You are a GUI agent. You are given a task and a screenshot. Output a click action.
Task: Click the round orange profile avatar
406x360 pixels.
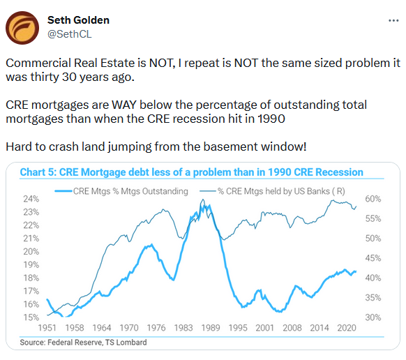22,28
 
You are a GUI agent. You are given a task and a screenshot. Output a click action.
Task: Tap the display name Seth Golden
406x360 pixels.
78,20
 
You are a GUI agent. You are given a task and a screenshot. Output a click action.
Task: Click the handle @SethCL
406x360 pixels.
70,34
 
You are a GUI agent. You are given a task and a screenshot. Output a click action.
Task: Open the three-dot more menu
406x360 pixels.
393,20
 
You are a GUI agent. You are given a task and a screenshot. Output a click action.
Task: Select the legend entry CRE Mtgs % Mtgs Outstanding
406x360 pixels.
121,191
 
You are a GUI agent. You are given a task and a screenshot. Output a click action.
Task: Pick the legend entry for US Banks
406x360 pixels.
272,191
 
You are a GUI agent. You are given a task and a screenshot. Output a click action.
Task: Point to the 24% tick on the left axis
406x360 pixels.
31,199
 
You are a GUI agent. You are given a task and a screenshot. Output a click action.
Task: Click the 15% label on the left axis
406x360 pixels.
31,317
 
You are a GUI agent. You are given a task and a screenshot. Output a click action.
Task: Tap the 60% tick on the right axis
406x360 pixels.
373,199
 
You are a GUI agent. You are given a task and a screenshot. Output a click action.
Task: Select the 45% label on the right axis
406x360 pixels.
373,258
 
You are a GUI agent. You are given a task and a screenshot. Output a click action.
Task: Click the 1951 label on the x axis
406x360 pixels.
47,328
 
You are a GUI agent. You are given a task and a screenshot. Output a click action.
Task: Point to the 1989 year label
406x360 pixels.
211,328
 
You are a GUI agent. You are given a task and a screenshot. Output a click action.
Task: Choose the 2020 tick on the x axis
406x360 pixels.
347,328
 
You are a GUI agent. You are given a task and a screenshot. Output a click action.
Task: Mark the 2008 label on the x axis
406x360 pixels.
292,328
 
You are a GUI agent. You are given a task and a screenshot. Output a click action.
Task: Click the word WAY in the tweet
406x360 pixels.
124,105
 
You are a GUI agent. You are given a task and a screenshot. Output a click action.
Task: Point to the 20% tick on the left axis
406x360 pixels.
31,251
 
